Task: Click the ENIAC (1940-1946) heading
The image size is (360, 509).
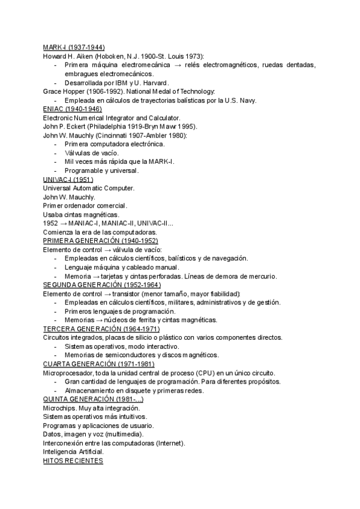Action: tap(73, 109)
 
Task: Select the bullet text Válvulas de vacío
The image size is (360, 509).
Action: tap(91, 153)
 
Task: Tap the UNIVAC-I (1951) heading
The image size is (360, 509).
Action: tap(68, 179)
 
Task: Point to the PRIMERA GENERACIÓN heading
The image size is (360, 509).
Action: tap(96, 241)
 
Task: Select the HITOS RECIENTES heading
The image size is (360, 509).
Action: tap(73, 461)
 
